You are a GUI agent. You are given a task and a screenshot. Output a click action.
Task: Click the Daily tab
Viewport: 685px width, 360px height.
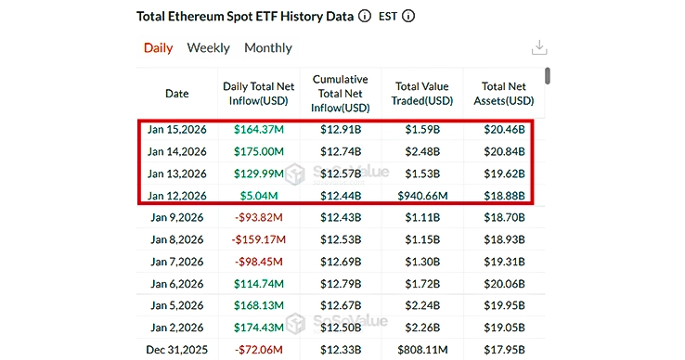[x=158, y=48]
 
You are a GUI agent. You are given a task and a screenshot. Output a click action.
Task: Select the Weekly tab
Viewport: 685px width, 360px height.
[x=209, y=48]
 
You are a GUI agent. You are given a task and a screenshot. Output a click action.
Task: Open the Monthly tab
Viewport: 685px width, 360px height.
[x=268, y=48]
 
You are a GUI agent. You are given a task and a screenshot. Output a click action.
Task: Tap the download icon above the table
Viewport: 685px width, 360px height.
[x=538, y=48]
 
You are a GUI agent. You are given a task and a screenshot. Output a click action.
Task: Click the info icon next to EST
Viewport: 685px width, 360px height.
[x=409, y=16]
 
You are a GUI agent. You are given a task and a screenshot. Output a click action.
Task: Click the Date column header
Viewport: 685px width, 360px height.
[x=176, y=94]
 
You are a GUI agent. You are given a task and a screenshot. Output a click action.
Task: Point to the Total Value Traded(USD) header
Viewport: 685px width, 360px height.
[x=423, y=94]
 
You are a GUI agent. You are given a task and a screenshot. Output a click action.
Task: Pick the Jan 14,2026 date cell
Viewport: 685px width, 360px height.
[x=176, y=151]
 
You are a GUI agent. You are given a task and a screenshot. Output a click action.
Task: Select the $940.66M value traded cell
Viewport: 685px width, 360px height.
[x=423, y=195]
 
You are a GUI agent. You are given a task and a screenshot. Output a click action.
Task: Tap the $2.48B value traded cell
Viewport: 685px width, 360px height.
[x=423, y=151]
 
